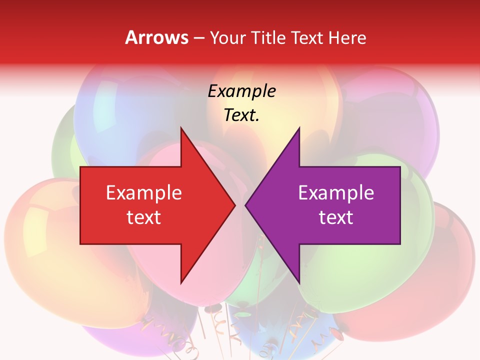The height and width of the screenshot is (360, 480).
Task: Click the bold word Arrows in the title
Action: pyautogui.click(x=156, y=37)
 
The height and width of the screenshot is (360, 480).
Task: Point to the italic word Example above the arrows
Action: pyautogui.click(x=242, y=91)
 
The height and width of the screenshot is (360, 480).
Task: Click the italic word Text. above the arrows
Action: pyautogui.click(x=242, y=115)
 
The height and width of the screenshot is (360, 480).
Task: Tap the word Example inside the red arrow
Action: pyautogui.click(x=144, y=192)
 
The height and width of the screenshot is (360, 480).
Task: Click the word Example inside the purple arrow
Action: pyautogui.click(x=336, y=192)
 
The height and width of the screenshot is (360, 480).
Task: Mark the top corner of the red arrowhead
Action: pyautogui.click(x=181, y=128)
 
